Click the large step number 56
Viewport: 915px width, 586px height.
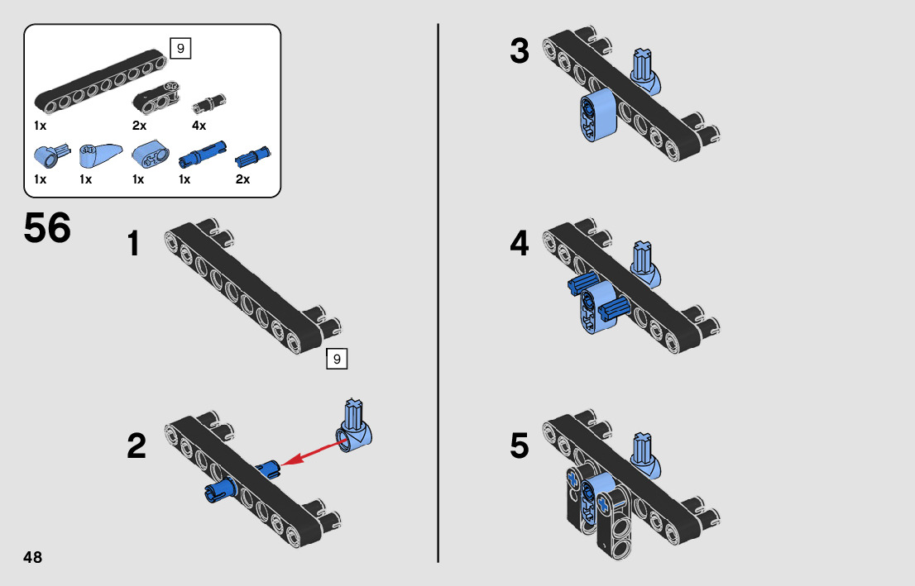pos(47,229)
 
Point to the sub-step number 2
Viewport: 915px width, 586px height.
pos(137,447)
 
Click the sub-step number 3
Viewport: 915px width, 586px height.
pos(519,51)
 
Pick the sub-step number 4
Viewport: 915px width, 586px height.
pos(519,244)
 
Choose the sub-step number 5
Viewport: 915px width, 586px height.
pos(519,446)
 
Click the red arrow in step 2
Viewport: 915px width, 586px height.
pos(314,454)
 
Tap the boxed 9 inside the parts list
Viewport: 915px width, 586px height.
pos(180,49)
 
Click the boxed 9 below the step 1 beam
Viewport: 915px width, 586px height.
pos(337,359)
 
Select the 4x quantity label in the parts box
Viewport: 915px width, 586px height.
pos(199,126)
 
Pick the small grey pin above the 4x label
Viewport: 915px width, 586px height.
pos(208,102)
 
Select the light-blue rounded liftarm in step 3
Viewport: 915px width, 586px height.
pos(596,113)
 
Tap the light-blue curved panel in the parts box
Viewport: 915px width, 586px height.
pos(99,154)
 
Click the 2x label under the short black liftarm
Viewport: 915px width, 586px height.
pos(139,126)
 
